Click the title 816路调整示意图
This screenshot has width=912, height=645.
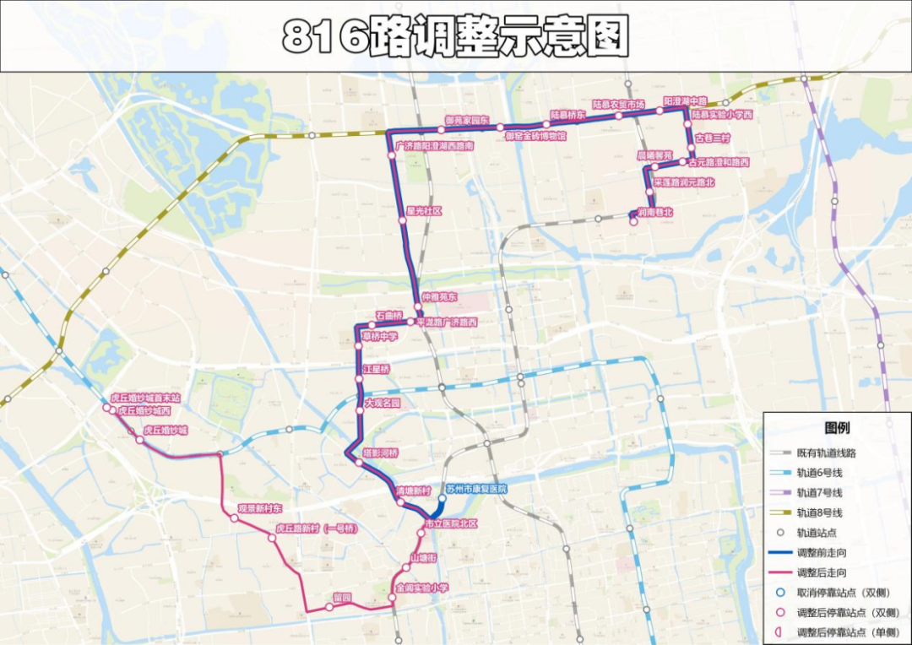pos(456,36)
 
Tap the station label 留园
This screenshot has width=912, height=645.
pos(342,598)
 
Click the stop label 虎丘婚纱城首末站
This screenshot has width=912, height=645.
pos(145,398)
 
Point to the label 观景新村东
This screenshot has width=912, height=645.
pos(259,509)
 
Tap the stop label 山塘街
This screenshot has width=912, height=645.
pos(423,558)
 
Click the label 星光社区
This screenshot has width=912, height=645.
pos(424,211)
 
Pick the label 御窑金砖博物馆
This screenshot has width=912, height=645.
pos(535,135)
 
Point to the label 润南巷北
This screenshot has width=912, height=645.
pos(655,212)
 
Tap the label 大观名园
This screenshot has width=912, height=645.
pos(383,404)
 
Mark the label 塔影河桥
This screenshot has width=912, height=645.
pos(380,453)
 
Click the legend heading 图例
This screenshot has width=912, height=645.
pos(837,428)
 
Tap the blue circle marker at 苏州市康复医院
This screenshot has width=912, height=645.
pos(442,499)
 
